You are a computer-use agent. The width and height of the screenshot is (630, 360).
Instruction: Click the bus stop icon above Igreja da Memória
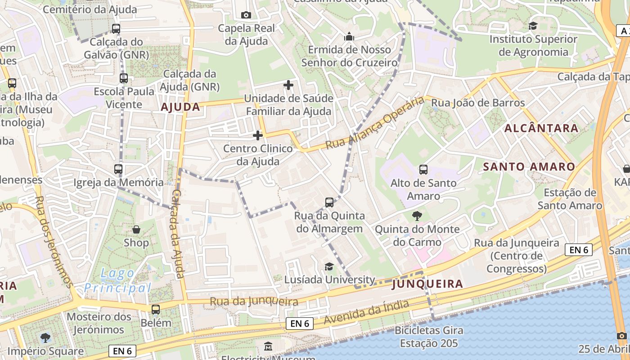click(118, 169)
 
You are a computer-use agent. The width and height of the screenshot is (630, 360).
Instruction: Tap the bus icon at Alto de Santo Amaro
click(423, 170)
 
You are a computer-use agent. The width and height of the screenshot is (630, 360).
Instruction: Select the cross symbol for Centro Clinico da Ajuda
click(258, 135)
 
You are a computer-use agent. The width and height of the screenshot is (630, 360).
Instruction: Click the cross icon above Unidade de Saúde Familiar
click(288, 85)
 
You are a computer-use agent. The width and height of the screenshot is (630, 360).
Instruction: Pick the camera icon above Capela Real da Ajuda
click(246, 15)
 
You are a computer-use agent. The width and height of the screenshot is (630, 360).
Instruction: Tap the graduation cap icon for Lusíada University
click(329, 266)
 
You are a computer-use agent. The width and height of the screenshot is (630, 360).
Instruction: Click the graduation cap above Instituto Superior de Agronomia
click(533, 26)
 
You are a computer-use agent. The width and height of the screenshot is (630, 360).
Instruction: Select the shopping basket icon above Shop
click(136, 229)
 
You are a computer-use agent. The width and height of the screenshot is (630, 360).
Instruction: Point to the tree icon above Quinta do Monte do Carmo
click(417, 216)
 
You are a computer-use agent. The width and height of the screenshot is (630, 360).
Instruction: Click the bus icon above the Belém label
click(156, 310)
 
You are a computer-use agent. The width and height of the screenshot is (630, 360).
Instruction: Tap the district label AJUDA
click(180, 107)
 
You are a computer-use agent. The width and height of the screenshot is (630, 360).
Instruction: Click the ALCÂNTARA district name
click(541, 128)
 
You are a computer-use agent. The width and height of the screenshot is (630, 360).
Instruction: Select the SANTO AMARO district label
click(529, 167)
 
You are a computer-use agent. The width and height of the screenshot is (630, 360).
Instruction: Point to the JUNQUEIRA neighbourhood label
click(427, 284)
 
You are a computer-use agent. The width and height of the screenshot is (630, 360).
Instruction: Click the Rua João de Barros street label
click(478, 103)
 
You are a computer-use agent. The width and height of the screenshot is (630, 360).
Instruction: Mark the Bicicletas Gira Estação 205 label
click(429, 337)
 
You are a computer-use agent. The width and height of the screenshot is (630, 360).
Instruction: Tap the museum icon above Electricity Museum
click(268, 346)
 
